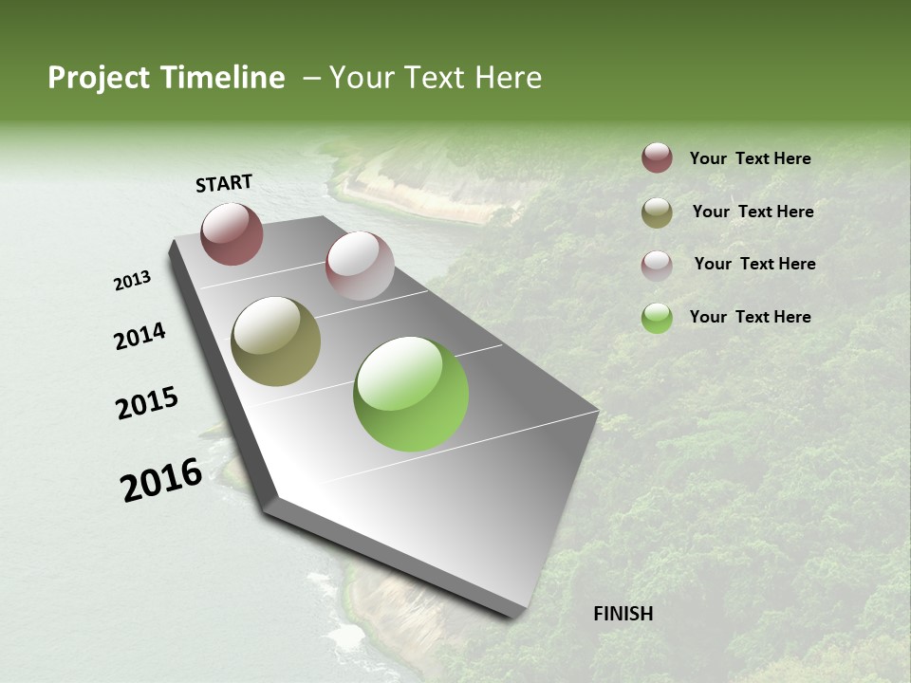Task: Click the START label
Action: [x=224, y=183]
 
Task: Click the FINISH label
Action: [x=623, y=614]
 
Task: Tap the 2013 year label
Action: [x=133, y=281]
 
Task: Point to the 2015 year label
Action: [x=147, y=403]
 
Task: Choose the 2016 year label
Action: [x=161, y=479]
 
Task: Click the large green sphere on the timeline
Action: [x=411, y=394]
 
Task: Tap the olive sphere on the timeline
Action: [x=275, y=341]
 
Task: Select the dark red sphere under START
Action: [x=232, y=233]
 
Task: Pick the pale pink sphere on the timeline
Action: [x=360, y=266]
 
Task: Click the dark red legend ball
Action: [x=657, y=158]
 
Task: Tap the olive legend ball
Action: [x=657, y=212]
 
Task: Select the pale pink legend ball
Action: [x=657, y=265]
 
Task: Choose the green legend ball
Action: [x=657, y=318]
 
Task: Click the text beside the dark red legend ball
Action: [x=750, y=158]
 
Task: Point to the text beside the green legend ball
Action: [x=750, y=317]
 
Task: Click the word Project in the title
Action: [x=99, y=78]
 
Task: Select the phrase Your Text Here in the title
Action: [x=436, y=78]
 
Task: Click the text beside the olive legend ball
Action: [x=753, y=212]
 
